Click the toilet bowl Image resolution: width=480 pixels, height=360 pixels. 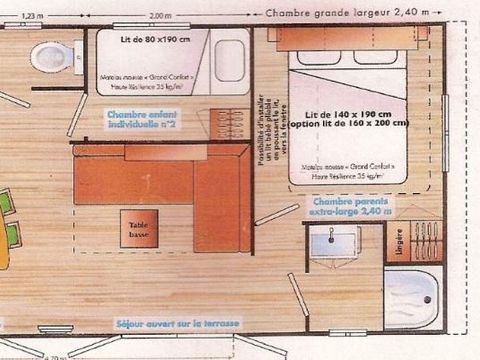[x=51, y=56]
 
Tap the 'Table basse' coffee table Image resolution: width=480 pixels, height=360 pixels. [x=138, y=229]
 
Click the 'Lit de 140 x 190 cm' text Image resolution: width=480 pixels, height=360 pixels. [x=340, y=115]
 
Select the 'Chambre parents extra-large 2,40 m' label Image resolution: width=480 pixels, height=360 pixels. [x=345, y=206]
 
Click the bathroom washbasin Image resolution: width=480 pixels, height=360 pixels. [x=334, y=242]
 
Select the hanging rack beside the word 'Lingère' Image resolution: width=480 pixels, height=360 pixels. [x=427, y=241]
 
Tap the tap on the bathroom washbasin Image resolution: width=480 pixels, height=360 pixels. [x=334, y=232]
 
